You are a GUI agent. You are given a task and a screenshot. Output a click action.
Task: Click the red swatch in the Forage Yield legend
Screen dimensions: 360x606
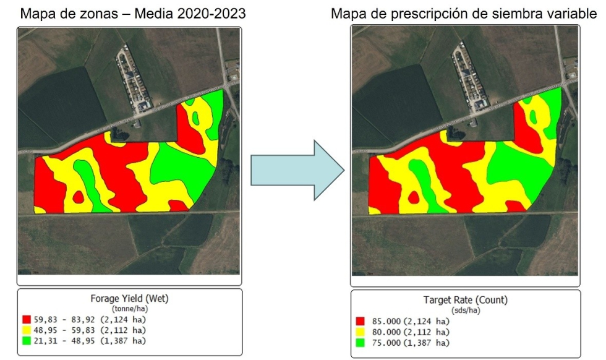(x=27, y=319)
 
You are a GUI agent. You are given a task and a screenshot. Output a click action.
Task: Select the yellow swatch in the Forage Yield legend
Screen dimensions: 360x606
(x=27, y=330)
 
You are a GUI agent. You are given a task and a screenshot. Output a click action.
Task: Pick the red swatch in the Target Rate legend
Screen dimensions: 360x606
(x=360, y=321)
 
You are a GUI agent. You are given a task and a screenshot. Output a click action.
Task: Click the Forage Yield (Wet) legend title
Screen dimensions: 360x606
(x=129, y=298)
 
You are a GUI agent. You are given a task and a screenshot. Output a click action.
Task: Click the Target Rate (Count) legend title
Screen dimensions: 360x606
(x=466, y=300)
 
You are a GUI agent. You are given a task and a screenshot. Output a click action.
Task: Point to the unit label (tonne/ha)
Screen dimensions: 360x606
(x=129, y=307)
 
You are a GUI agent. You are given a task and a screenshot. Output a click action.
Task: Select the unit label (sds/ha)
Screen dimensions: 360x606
(x=466, y=309)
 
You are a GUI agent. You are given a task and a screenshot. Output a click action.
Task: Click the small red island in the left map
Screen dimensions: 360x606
(x=79, y=197)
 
